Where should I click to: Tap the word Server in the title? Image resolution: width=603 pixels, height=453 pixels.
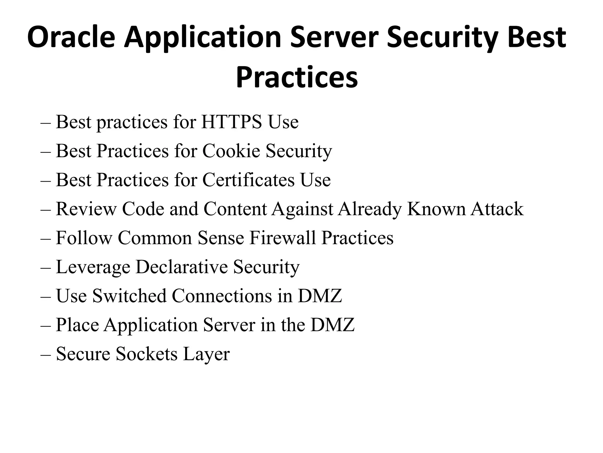(334, 37)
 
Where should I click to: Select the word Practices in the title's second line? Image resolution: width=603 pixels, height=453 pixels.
(297, 77)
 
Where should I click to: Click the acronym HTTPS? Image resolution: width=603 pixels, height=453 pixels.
(231, 122)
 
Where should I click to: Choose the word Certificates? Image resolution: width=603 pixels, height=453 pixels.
(248, 180)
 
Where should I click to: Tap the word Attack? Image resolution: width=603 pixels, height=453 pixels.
(497, 209)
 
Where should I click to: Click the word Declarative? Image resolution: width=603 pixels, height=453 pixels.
(181, 267)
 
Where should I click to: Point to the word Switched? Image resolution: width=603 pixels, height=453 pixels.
(129, 296)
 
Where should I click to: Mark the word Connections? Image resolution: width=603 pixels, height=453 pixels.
(222, 296)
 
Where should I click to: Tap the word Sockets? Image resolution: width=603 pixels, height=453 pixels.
(147, 354)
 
